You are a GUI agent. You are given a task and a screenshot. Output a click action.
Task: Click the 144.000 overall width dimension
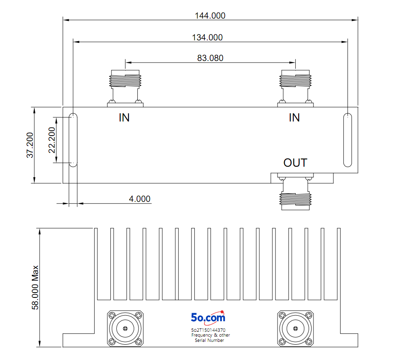pos(210,16)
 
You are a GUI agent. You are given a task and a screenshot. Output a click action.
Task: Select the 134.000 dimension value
pos(207,38)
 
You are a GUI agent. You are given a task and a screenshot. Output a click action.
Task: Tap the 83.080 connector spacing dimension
pos(210,58)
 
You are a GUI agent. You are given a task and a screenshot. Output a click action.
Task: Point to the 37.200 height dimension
pos(30,145)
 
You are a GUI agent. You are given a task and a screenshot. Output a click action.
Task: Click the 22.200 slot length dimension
pos(52,140)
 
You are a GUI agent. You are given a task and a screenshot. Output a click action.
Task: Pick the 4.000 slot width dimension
pos(139,199)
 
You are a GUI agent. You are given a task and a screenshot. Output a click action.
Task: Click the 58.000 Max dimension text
pos(35,287)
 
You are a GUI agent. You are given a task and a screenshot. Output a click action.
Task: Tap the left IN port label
pos(124,118)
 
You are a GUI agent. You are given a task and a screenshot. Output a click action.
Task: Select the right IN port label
pos(294,118)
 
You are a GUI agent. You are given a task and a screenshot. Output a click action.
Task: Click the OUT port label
pos(295,163)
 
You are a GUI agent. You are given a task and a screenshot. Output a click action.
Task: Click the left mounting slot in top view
pos(73,140)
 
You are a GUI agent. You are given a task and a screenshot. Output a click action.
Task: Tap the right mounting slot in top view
pos(348,140)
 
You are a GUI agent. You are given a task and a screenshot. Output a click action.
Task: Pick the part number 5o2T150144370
pos(208,330)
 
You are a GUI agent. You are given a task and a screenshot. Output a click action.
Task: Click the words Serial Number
pos(209,340)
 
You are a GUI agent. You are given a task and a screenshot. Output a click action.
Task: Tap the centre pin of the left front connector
pos(125,329)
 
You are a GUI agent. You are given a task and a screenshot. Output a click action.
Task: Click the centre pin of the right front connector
pos(295,329)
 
